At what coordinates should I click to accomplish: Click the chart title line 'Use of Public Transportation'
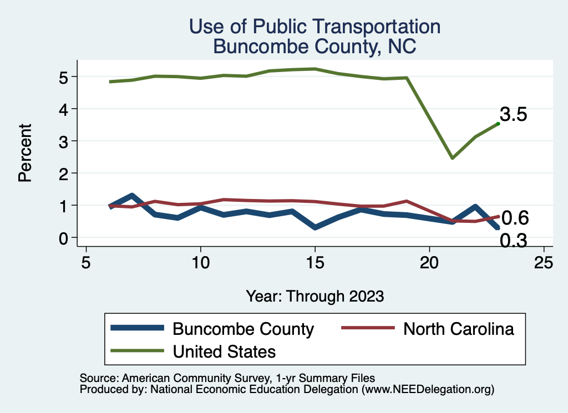(x=315, y=26)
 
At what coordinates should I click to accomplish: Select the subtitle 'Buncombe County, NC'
(x=315, y=47)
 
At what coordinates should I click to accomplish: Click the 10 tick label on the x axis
(x=200, y=262)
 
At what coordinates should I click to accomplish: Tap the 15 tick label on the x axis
(x=315, y=262)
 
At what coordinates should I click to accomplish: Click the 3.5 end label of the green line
(x=513, y=115)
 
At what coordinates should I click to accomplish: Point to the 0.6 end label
(x=515, y=218)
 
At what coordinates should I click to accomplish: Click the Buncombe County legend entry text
(x=244, y=329)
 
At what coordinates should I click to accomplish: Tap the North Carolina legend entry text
(x=459, y=329)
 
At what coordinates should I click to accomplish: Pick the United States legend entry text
(x=224, y=351)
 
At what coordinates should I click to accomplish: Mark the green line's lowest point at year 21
(x=453, y=158)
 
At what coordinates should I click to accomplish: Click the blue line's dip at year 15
(x=315, y=227)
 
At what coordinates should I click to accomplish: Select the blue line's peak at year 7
(x=132, y=196)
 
